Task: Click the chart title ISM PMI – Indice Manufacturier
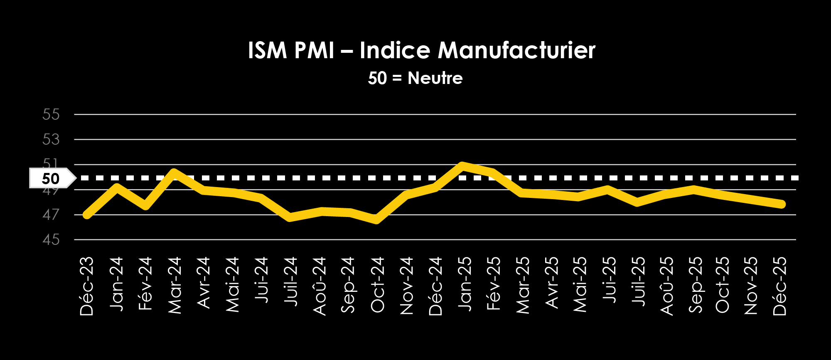421,50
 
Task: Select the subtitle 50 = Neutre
415,78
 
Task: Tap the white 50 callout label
51,179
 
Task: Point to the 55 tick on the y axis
51,114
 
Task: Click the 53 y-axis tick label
51,139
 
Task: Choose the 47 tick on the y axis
51,215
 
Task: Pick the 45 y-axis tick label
51,240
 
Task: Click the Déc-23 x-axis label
87,286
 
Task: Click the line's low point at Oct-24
376,220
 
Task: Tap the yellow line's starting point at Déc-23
87,215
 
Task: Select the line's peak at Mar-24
174,173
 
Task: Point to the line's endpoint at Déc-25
782,204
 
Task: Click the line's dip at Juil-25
637,202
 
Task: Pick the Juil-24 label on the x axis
290,281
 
